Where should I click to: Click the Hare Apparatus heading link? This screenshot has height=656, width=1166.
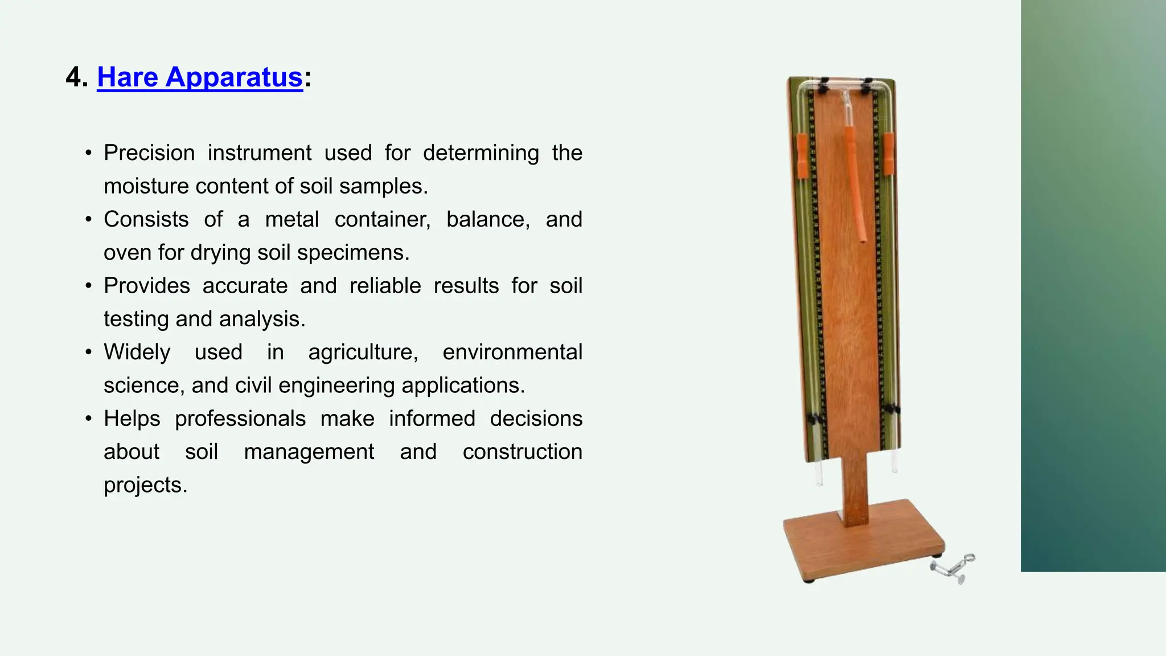199,77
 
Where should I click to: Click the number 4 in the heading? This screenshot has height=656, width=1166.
73,77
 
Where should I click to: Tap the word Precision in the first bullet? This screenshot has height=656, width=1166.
149,153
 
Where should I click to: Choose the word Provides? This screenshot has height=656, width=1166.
147,286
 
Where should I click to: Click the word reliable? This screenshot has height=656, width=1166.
385,286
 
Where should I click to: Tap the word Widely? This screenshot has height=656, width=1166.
137,352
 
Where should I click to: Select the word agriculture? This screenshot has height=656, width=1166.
363,352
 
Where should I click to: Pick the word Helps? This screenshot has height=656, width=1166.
132,419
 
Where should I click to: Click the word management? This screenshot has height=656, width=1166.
309,452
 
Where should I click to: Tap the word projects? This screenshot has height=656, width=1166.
145,485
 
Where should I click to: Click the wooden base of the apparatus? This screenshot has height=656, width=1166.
860,541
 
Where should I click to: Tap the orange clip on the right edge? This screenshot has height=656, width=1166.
888,154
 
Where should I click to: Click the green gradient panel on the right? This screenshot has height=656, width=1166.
1093,285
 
